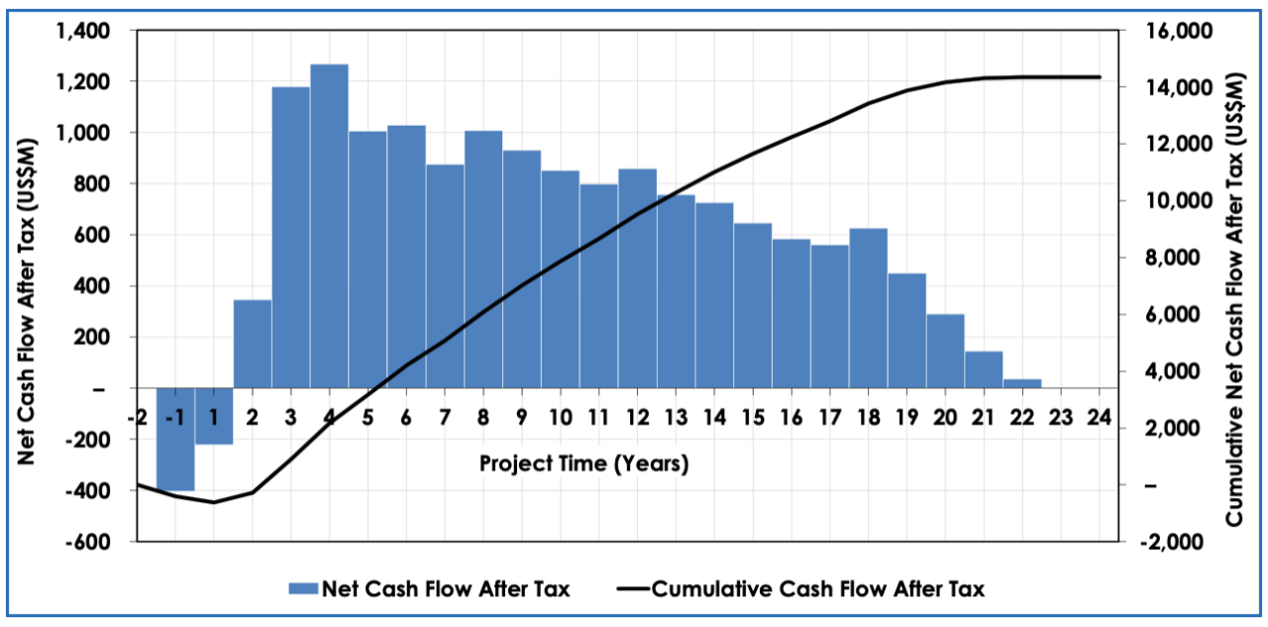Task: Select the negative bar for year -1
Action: tap(175, 440)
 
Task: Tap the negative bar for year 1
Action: tap(214, 417)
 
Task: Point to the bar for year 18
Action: tap(868, 308)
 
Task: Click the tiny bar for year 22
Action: tap(1021, 383)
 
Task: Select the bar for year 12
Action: tap(637, 278)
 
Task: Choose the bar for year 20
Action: tap(945, 351)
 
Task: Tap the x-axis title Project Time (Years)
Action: tap(583, 464)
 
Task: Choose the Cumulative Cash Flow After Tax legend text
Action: tap(818, 589)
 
